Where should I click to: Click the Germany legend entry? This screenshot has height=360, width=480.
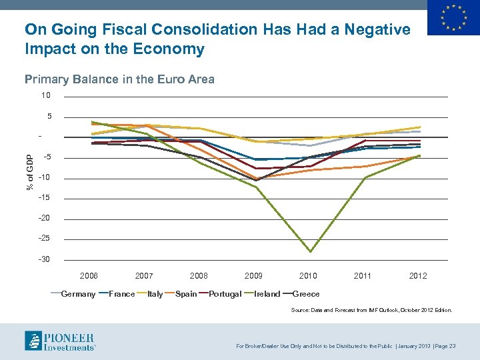pos(78,294)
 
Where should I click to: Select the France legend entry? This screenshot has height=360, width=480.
pos(121,294)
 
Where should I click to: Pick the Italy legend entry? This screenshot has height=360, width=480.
pos(155,294)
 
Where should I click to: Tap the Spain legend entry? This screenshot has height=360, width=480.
pos(185,294)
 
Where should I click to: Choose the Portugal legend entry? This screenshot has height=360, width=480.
pos(225,294)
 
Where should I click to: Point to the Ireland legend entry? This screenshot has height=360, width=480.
pos(267,294)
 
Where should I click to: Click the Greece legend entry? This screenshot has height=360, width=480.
pos(306,294)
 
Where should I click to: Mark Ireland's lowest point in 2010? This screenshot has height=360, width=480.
pos(310,251)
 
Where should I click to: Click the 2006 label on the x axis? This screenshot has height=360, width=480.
pos(89,275)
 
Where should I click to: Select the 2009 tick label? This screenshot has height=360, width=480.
pos(253,275)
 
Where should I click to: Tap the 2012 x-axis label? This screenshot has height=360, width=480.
pos(418,275)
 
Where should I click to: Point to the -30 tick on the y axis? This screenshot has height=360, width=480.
pos(45,259)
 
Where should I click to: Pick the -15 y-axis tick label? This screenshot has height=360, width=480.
pos(45,198)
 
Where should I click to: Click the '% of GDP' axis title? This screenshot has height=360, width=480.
pos(30,171)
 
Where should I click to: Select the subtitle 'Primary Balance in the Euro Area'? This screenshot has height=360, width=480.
pos(119,80)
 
